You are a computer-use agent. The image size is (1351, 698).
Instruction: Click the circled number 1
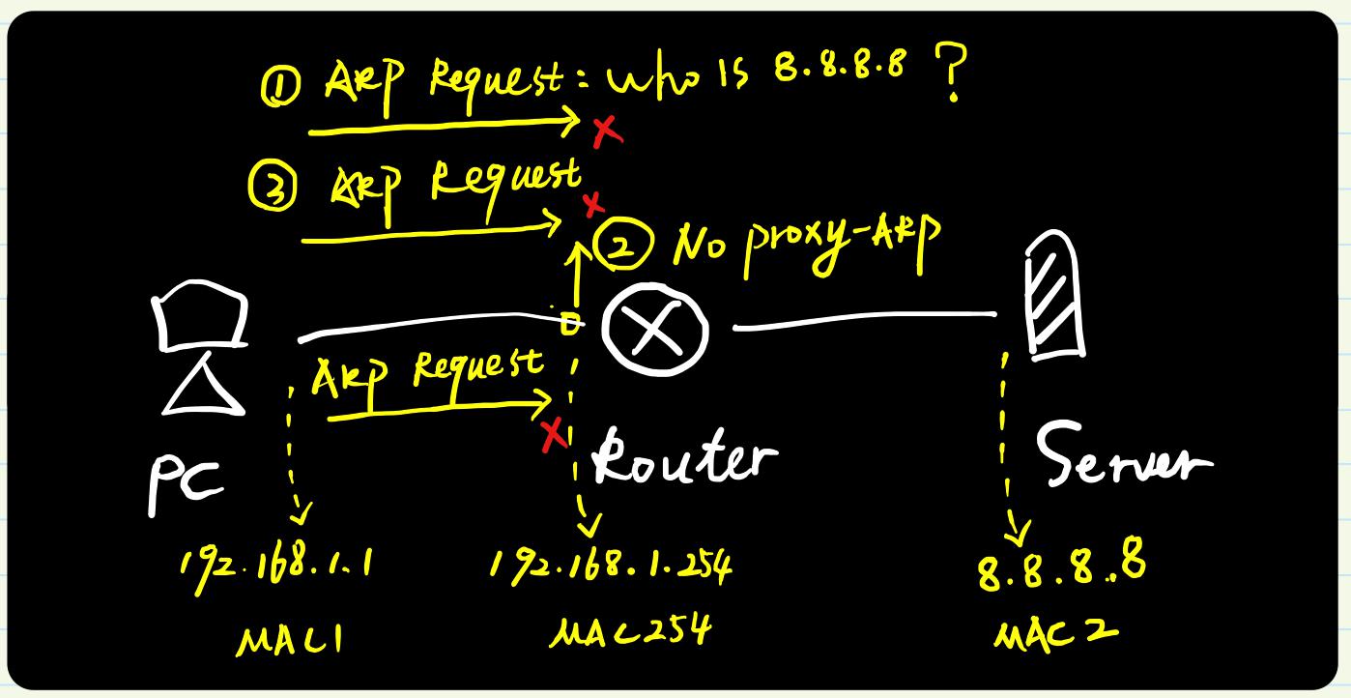click(280, 87)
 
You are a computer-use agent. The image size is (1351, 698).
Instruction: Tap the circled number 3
click(273, 188)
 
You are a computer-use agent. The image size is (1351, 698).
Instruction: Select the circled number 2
click(621, 245)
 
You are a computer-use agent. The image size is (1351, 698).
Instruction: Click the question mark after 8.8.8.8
click(952, 73)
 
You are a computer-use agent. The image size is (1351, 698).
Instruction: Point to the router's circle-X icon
click(655, 329)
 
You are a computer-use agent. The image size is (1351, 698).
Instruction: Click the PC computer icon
click(201, 347)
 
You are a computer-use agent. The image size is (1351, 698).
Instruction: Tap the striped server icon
click(1055, 295)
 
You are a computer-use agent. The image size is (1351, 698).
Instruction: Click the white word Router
click(684, 458)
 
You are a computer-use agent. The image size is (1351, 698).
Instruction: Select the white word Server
click(1122, 456)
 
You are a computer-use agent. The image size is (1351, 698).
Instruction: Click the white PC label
click(185, 484)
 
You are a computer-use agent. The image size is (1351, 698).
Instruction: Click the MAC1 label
click(290, 640)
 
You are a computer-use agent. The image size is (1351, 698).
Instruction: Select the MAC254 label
click(631, 631)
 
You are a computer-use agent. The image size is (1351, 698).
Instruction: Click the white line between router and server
click(864, 320)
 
